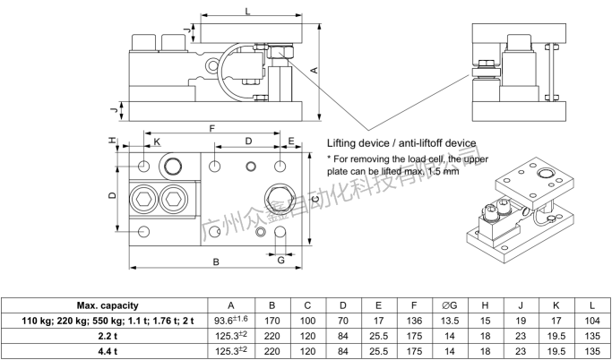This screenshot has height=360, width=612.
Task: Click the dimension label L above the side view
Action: [246, 9]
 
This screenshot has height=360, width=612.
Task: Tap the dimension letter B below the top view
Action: [215, 261]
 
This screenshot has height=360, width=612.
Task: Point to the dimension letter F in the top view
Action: [211, 129]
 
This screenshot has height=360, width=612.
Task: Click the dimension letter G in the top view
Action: [280, 260]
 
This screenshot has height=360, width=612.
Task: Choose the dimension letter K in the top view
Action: [156, 141]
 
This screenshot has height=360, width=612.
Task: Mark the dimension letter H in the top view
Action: [112, 141]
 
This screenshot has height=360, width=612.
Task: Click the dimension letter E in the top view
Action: [291, 141]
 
